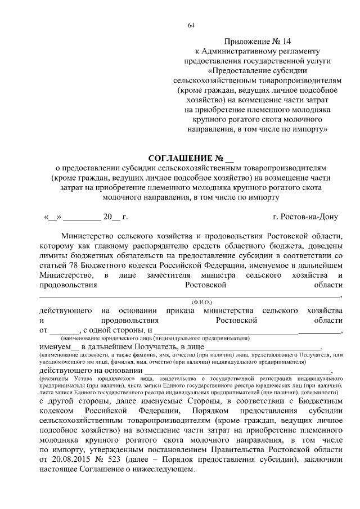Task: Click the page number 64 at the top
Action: pyautogui.click(x=191, y=26)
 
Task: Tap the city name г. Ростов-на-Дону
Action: pyautogui.click(x=305, y=216)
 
